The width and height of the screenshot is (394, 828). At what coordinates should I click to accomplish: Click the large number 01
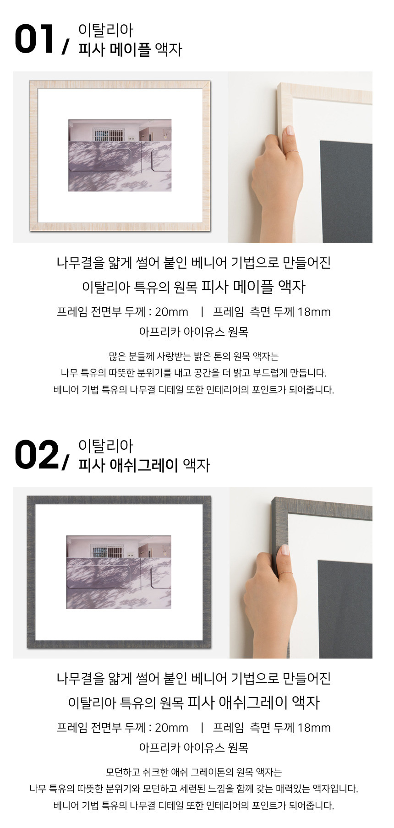click(x=34, y=39)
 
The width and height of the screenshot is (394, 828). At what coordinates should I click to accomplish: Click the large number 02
click(x=37, y=455)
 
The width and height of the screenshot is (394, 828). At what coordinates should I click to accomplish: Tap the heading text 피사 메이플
click(x=114, y=49)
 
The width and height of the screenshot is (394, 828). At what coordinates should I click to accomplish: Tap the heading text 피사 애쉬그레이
click(x=128, y=465)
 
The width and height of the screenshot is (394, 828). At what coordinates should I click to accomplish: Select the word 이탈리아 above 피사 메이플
click(x=105, y=30)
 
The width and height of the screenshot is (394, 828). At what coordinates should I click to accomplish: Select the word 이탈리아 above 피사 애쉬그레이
click(x=105, y=446)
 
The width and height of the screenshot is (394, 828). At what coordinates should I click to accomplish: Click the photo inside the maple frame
click(x=120, y=155)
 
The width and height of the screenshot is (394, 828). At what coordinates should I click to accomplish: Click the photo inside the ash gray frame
click(x=119, y=572)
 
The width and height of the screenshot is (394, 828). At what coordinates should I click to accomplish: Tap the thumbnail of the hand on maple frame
click(x=300, y=157)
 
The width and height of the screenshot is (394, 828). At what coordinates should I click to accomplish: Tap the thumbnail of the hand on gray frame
click(x=301, y=573)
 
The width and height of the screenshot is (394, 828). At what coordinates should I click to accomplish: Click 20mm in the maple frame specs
click(x=171, y=312)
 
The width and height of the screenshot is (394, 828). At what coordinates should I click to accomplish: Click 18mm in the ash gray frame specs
click(x=314, y=728)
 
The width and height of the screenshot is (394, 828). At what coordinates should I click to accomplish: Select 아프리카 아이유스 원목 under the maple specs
click(x=194, y=332)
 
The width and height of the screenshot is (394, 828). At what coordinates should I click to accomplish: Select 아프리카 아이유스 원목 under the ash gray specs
click(x=194, y=747)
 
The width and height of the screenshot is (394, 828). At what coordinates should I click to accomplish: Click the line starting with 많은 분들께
click(x=194, y=356)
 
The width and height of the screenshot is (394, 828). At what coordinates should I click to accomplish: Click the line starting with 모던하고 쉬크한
click(x=194, y=772)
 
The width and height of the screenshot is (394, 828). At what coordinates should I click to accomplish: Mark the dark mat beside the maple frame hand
click(x=346, y=191)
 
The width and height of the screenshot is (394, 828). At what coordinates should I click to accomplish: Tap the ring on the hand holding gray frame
click(x=287, y=572)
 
